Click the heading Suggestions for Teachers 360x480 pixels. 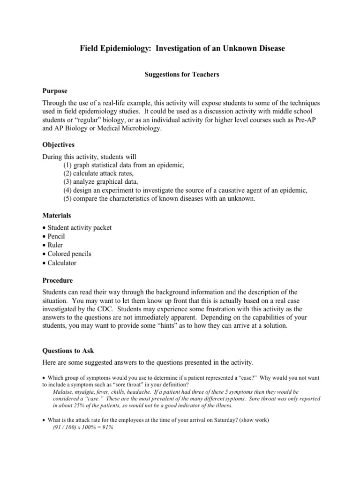click(x=180, y=75)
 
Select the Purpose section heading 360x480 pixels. click(x=55, y=90)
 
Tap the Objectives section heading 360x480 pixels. click(x=59, y=145)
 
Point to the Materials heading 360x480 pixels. click(x=57, y=215)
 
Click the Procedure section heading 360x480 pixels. click(x=58, y=280)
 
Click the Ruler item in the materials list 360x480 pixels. click(x=55, y=245)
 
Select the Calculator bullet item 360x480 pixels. click(x=62, y=263)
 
